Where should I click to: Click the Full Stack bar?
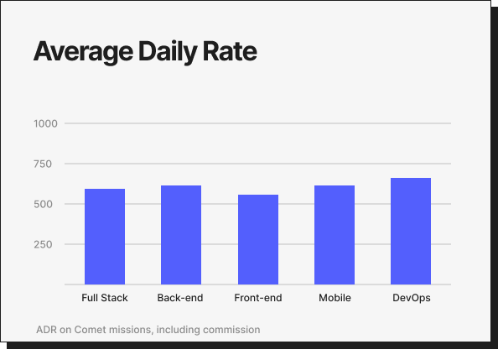tap(105, 237)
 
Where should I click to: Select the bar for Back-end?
tap(181, 235)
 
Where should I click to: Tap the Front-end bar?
tap(258, 239)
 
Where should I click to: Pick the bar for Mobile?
tap(335, 235)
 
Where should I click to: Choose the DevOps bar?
tap(411, 231)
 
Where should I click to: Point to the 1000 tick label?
tap(45, 123)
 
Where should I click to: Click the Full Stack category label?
tap(105, 298)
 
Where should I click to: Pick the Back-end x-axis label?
tap(181, 298)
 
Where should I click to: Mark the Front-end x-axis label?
tap(258, 298)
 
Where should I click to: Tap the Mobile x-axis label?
tap(335, 298)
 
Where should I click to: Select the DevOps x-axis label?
tap(411, 298)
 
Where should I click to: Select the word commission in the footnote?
tap(231, 330)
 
